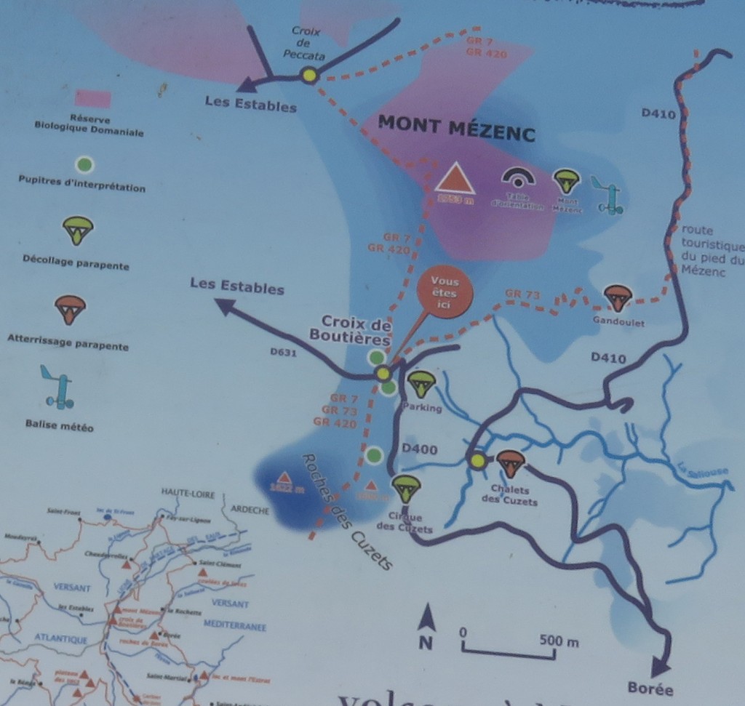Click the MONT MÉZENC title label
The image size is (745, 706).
(x=456, y=129)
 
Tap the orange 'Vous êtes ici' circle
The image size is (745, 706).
(x=445, y=293)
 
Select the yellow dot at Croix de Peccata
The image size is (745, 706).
(x=309, y=75)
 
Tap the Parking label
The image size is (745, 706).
(x=425, y=409)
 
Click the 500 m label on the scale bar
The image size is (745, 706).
(x=559, y=641)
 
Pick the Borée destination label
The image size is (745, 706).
(x=650, y=689)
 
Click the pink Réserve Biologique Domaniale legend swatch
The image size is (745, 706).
(x=94, y=99)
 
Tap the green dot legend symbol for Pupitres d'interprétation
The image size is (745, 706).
(x=85, y=165)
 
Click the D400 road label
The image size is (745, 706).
(x=420, y=450)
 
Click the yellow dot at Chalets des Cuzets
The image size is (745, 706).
(x=477, y=460)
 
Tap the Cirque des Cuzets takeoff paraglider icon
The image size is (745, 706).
(x=405, y=488)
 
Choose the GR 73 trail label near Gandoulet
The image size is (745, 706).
(x=522, y=294)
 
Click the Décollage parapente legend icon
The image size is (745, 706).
(x=77, y=230)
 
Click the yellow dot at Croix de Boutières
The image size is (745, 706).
(x=383, y=374)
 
